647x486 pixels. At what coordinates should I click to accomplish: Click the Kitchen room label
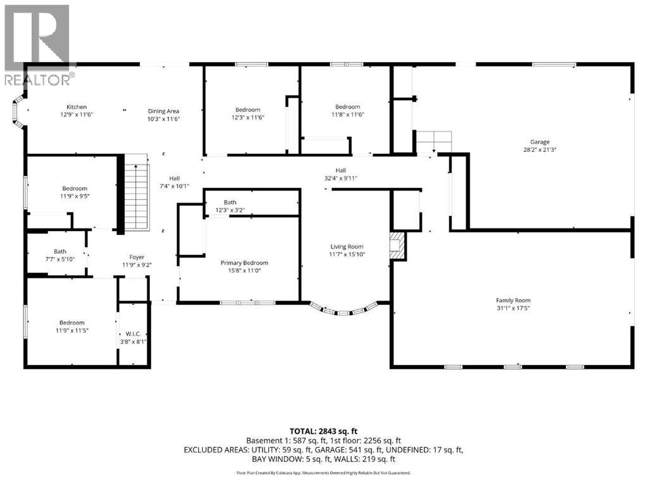click(x=73, y=107)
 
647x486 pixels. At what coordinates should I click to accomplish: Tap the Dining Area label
click(x=164, y=111)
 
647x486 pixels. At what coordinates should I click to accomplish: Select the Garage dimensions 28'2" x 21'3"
click(x=539, y=150)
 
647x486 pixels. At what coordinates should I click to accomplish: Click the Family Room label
click(x=513, y=301)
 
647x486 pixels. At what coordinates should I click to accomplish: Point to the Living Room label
click(x=347, y=247)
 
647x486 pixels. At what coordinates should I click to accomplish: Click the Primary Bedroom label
click(x=244, y=263)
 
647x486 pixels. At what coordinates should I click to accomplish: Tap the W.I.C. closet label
click(x=133, y=335)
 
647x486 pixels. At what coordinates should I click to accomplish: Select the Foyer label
click(x=137, y=257)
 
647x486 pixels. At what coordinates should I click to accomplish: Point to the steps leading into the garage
click(x=434, y=141)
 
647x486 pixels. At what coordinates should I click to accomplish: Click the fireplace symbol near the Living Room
click(x=397, y=245)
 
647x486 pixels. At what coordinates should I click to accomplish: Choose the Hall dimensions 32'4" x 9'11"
click(x=341, y=178)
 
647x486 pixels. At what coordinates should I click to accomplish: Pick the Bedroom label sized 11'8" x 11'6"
click(x=347, y=107)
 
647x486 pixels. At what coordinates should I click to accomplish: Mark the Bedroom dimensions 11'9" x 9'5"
click(x=75, y=196)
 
